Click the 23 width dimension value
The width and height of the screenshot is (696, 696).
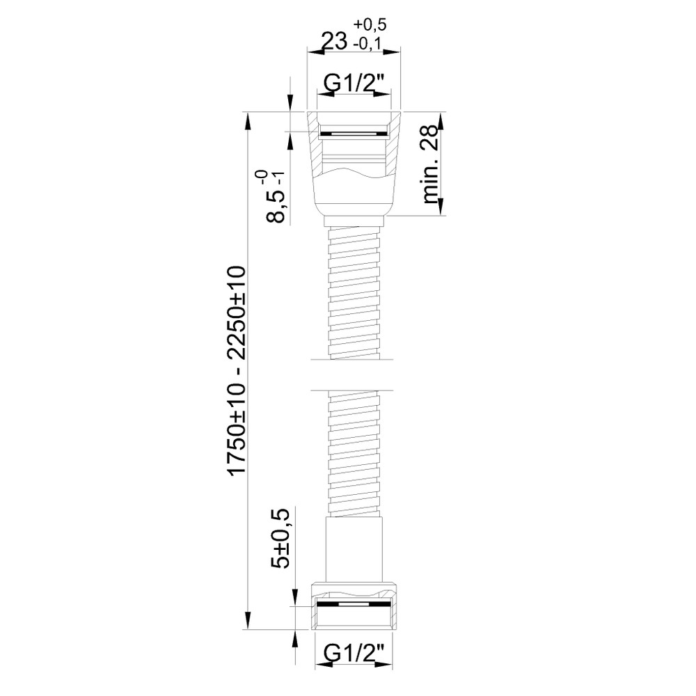334,42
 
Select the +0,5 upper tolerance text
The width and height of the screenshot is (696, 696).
370,25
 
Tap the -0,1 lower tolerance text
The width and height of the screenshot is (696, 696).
368,43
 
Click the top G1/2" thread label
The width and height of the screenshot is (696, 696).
354,83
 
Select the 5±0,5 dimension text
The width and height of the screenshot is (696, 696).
280,538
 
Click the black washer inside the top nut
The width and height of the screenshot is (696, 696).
354,133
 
